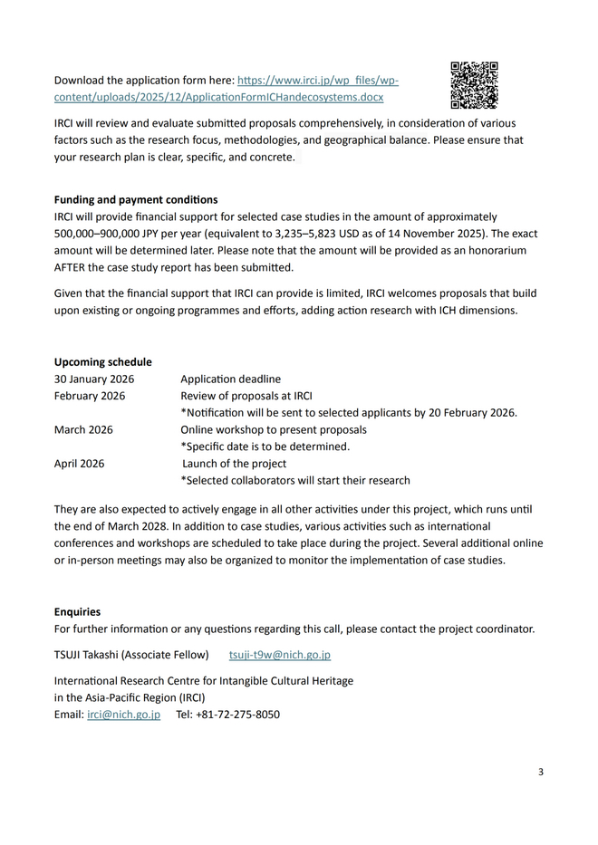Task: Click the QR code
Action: click(x=474, y=85)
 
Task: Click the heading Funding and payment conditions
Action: click(x=136, y=199)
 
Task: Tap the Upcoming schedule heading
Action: click(x=103, y=361)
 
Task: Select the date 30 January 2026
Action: click(x=94, y=379)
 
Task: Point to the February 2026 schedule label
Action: click(x=90, y=396)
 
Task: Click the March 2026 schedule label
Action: click(x=83, y=429)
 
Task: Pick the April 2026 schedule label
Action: click(x=80, y=463)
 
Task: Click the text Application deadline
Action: click(x=230, y=379)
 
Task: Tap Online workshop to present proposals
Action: click(x=274, y=429)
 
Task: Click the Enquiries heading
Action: click(x=78, y=611)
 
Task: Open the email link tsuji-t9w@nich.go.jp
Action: click(x=279, y=654)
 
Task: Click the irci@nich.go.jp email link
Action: click(x=123, y=714)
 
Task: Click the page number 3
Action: click(x=541, y=772)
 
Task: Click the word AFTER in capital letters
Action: click(x=71, y=267)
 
